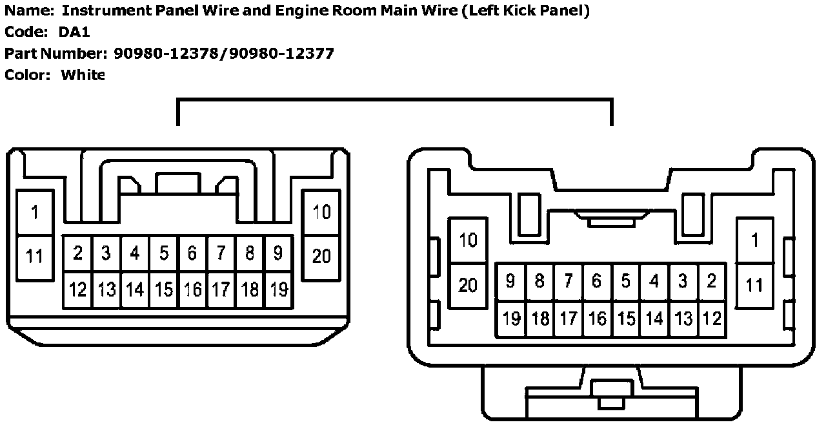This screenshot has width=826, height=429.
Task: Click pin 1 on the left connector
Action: point(34,212)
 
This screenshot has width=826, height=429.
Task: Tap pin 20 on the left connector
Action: point(321,256)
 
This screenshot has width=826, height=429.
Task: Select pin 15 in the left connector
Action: point(164,289)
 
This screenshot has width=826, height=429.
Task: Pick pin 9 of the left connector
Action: point(278,254)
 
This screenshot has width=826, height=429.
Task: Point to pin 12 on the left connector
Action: point(77,289)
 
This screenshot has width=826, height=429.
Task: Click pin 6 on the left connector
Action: point(192,254)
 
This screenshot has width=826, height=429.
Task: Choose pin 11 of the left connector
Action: point(34,256)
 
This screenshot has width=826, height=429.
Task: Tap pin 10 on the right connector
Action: point(468,240)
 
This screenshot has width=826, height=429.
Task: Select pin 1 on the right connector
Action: point(754,240)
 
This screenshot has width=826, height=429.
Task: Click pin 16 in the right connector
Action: point(598,319)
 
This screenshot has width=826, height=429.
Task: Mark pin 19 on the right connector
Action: point(511,319)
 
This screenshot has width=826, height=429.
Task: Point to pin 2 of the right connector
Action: point(712,281)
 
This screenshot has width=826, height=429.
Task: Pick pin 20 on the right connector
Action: point(468,284)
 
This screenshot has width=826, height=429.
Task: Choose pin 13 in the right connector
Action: point(683,319)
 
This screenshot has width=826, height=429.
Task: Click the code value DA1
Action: point(74,32)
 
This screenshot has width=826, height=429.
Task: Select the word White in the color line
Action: point(83,75)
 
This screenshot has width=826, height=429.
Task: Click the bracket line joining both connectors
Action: point(394,99)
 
